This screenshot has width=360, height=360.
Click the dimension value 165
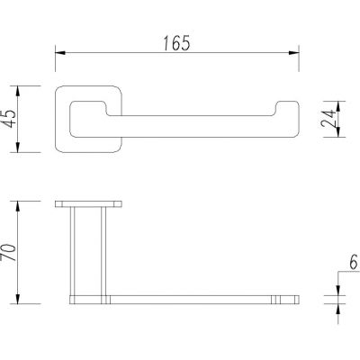177,40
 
